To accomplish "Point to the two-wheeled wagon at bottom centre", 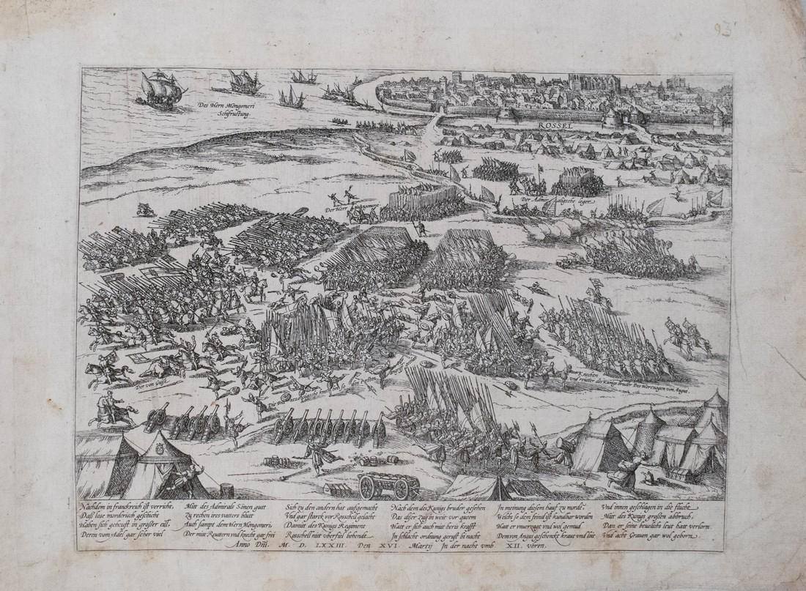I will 388,484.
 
